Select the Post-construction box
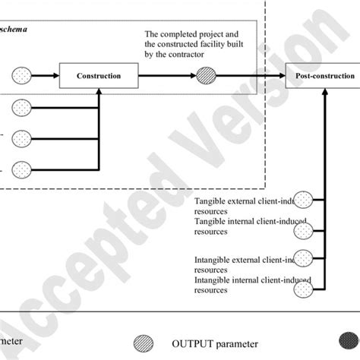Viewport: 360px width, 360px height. click(x=322, y=75)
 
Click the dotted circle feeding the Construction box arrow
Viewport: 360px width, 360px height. click(x=21, y=75)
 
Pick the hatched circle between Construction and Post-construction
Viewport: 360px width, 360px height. click(x=207, y=75)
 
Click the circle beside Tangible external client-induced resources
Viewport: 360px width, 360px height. click(x=304, y=199)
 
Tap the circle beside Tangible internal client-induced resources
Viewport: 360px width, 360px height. click(x=304, y=226)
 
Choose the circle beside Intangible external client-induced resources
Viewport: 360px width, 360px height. click(x=304, y=255)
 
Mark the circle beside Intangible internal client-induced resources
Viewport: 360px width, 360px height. click(x=304, y=283)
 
